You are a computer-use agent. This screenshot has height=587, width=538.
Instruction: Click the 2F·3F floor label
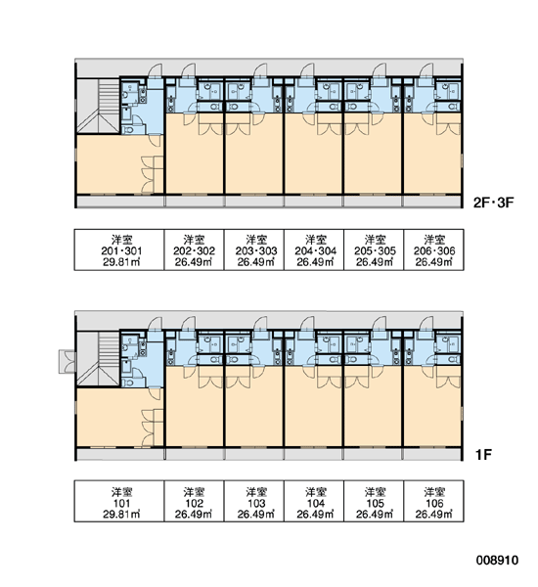click(x=494, y=203)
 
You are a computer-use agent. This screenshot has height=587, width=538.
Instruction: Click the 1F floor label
click(x=483, y=455)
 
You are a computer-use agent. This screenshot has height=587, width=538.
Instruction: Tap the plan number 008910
click(x=497, y=560)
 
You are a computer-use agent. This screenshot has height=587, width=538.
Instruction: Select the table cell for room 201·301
click(x=119, y=249)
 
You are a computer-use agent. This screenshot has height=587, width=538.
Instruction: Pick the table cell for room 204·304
click(x=314, y=249)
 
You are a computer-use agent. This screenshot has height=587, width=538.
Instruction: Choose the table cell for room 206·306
click(x=433, y=249)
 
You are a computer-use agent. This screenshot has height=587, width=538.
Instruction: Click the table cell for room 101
click(x=119, y=501)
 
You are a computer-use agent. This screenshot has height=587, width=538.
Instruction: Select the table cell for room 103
click(x=254, y=501)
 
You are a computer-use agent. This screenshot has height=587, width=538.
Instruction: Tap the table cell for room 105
click(x=374, y=501)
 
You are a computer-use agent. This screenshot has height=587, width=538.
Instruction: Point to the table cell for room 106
click(x=433, y=501)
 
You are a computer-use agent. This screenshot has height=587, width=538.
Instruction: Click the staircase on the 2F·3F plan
click(x=98, y=106)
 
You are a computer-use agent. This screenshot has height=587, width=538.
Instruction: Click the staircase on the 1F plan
click(x=98, y=359)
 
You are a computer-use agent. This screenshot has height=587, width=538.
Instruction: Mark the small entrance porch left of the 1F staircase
click(x=67, y=361)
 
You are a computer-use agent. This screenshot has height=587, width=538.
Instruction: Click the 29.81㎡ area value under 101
click(x=121, y=515)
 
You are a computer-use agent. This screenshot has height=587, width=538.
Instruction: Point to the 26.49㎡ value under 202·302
click(x=194, y=262)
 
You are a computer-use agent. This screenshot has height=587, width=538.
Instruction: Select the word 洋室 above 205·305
click(x=376, y=240)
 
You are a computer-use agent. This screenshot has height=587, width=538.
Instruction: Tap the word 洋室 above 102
click(x=194, y=491)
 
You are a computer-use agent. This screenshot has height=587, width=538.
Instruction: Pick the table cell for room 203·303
click(x=254, y=249)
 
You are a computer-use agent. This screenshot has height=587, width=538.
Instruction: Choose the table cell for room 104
click(x=314, y=501)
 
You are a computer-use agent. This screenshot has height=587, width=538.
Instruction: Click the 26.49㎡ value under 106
click(x=434, y=515)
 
